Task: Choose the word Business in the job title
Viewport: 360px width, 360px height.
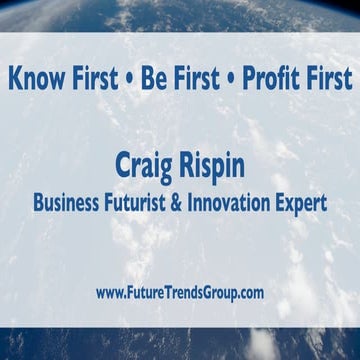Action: (x=68, y=203)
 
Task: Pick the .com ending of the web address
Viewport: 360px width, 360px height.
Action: (x=248, y=293)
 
